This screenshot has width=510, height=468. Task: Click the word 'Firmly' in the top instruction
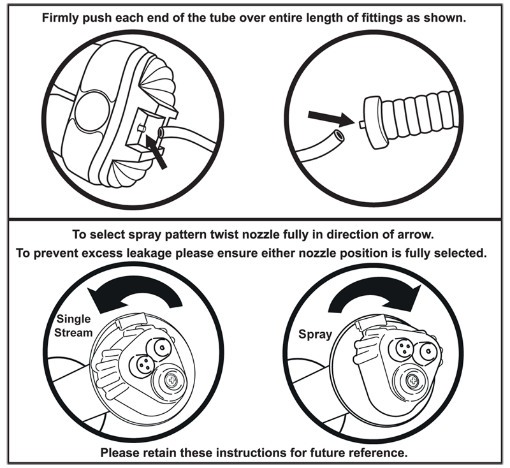(61, 17)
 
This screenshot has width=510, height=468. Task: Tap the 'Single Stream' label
(74, 325)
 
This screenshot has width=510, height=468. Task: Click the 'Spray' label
(315, 333)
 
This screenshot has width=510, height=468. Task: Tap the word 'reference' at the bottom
(375, 453)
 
